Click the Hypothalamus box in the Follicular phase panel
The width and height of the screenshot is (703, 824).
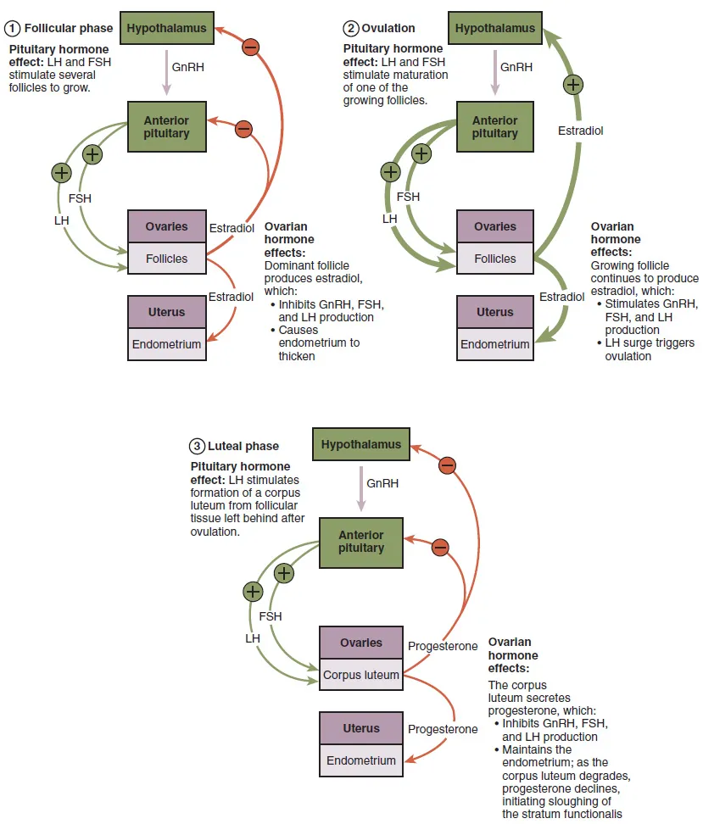click(166, 28)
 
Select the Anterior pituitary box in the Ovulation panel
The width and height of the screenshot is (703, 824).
click(494, 127)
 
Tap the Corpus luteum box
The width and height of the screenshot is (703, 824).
click(360, 676)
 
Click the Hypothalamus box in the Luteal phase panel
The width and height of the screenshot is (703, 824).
click(361, 444)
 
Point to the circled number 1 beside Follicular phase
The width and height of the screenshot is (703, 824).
click(13, 28)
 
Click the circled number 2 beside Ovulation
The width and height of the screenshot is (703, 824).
click(350, 28)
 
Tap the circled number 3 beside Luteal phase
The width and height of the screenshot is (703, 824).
click(197, 446)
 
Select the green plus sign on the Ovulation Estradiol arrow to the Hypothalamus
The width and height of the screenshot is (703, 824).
click(573, 84)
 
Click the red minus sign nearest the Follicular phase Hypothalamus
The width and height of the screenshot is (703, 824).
click(250, 47)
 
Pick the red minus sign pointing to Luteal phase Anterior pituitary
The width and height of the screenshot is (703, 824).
click(439, 547)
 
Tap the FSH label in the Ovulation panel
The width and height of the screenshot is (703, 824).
click(408, 197)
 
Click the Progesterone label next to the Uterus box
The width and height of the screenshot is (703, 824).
click(443, 729)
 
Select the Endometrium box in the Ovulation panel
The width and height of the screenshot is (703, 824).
click(494, 344)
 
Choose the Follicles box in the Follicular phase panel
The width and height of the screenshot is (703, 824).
click(166, 258)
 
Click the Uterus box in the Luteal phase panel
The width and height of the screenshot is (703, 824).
click(360, 728)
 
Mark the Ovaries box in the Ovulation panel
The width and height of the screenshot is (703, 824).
click(494, 226)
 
